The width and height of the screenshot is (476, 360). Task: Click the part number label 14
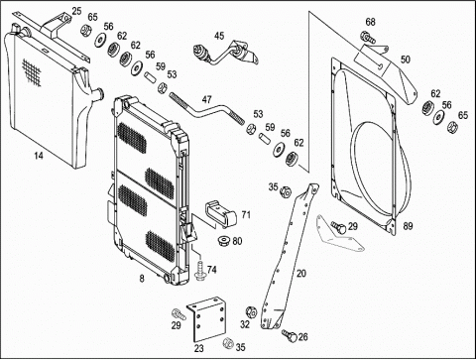point(39,155)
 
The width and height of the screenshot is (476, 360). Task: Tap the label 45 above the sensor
point(219,36)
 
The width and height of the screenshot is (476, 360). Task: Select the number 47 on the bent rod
point(206,99)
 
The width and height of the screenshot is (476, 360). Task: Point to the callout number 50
point(406,60)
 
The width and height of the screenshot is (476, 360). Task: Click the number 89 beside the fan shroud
point(408,226)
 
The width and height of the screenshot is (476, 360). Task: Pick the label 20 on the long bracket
point(301,274)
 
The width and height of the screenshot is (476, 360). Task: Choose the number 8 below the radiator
point(142,279)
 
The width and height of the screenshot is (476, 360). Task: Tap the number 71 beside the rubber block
point(246,215)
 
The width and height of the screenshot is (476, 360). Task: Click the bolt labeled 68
point(368,37)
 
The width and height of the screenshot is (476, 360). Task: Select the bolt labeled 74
point(199,271)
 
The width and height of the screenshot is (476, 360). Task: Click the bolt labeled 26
point(289,335)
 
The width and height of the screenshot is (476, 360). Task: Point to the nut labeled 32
point(251,312)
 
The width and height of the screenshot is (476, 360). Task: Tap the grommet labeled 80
point(224,241)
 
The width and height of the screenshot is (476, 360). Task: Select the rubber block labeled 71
point(221,214)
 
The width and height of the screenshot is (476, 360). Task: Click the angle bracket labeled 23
point(206,318)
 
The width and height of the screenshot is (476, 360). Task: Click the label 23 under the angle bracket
point(199,348)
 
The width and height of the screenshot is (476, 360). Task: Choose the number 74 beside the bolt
point(212,270)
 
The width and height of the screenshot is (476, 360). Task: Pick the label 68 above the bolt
point(370,22)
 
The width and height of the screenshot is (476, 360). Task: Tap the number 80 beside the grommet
point(237,241)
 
